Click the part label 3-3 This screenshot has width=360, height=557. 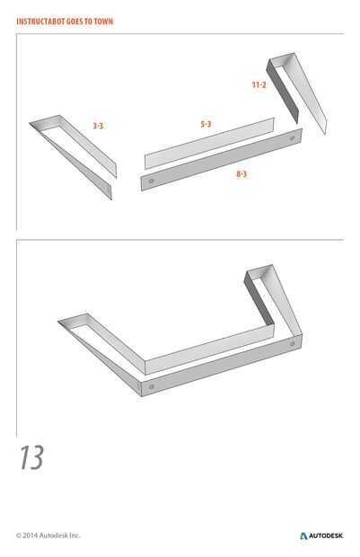tap(98, 126)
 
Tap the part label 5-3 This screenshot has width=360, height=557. tap(206, 124)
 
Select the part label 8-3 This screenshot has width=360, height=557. tap(241, 173)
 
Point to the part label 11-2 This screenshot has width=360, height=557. tap(259, 84)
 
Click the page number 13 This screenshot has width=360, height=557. tap(31, 457)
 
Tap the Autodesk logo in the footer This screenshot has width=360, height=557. tap(321, 535)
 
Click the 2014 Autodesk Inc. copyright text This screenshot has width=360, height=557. tap(48, 535)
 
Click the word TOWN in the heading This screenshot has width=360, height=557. tap(103, 22)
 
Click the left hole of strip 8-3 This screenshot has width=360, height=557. tap(152, 181)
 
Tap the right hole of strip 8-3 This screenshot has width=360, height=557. tap(292, 138)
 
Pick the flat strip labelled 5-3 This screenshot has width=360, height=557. tap(209, 144)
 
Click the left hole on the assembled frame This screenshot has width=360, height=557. tap(152, 386)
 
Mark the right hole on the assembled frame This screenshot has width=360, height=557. tap(292, 344)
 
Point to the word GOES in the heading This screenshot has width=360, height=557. tap(75, 22)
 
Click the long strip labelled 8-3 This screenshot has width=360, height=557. tap(222, 160)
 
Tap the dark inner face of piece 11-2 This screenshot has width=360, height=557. tap(282, 93)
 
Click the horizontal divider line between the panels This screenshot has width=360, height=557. tap(180, 240)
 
